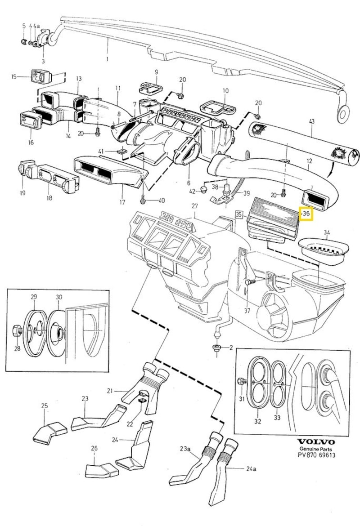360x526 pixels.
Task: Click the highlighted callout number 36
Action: [306, 214]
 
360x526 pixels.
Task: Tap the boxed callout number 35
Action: [239, 214]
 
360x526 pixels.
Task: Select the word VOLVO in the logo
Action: [317, 441]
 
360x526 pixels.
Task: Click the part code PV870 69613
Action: [317, 455]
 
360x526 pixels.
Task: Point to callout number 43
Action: [311, 120]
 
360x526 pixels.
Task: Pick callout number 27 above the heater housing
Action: [194, 206]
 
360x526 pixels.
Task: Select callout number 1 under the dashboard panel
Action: [107, 59]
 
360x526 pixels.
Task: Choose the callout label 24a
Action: [251, 469]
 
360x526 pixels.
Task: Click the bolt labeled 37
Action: [248, 282]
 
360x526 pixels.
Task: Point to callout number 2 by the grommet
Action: [231, 348]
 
